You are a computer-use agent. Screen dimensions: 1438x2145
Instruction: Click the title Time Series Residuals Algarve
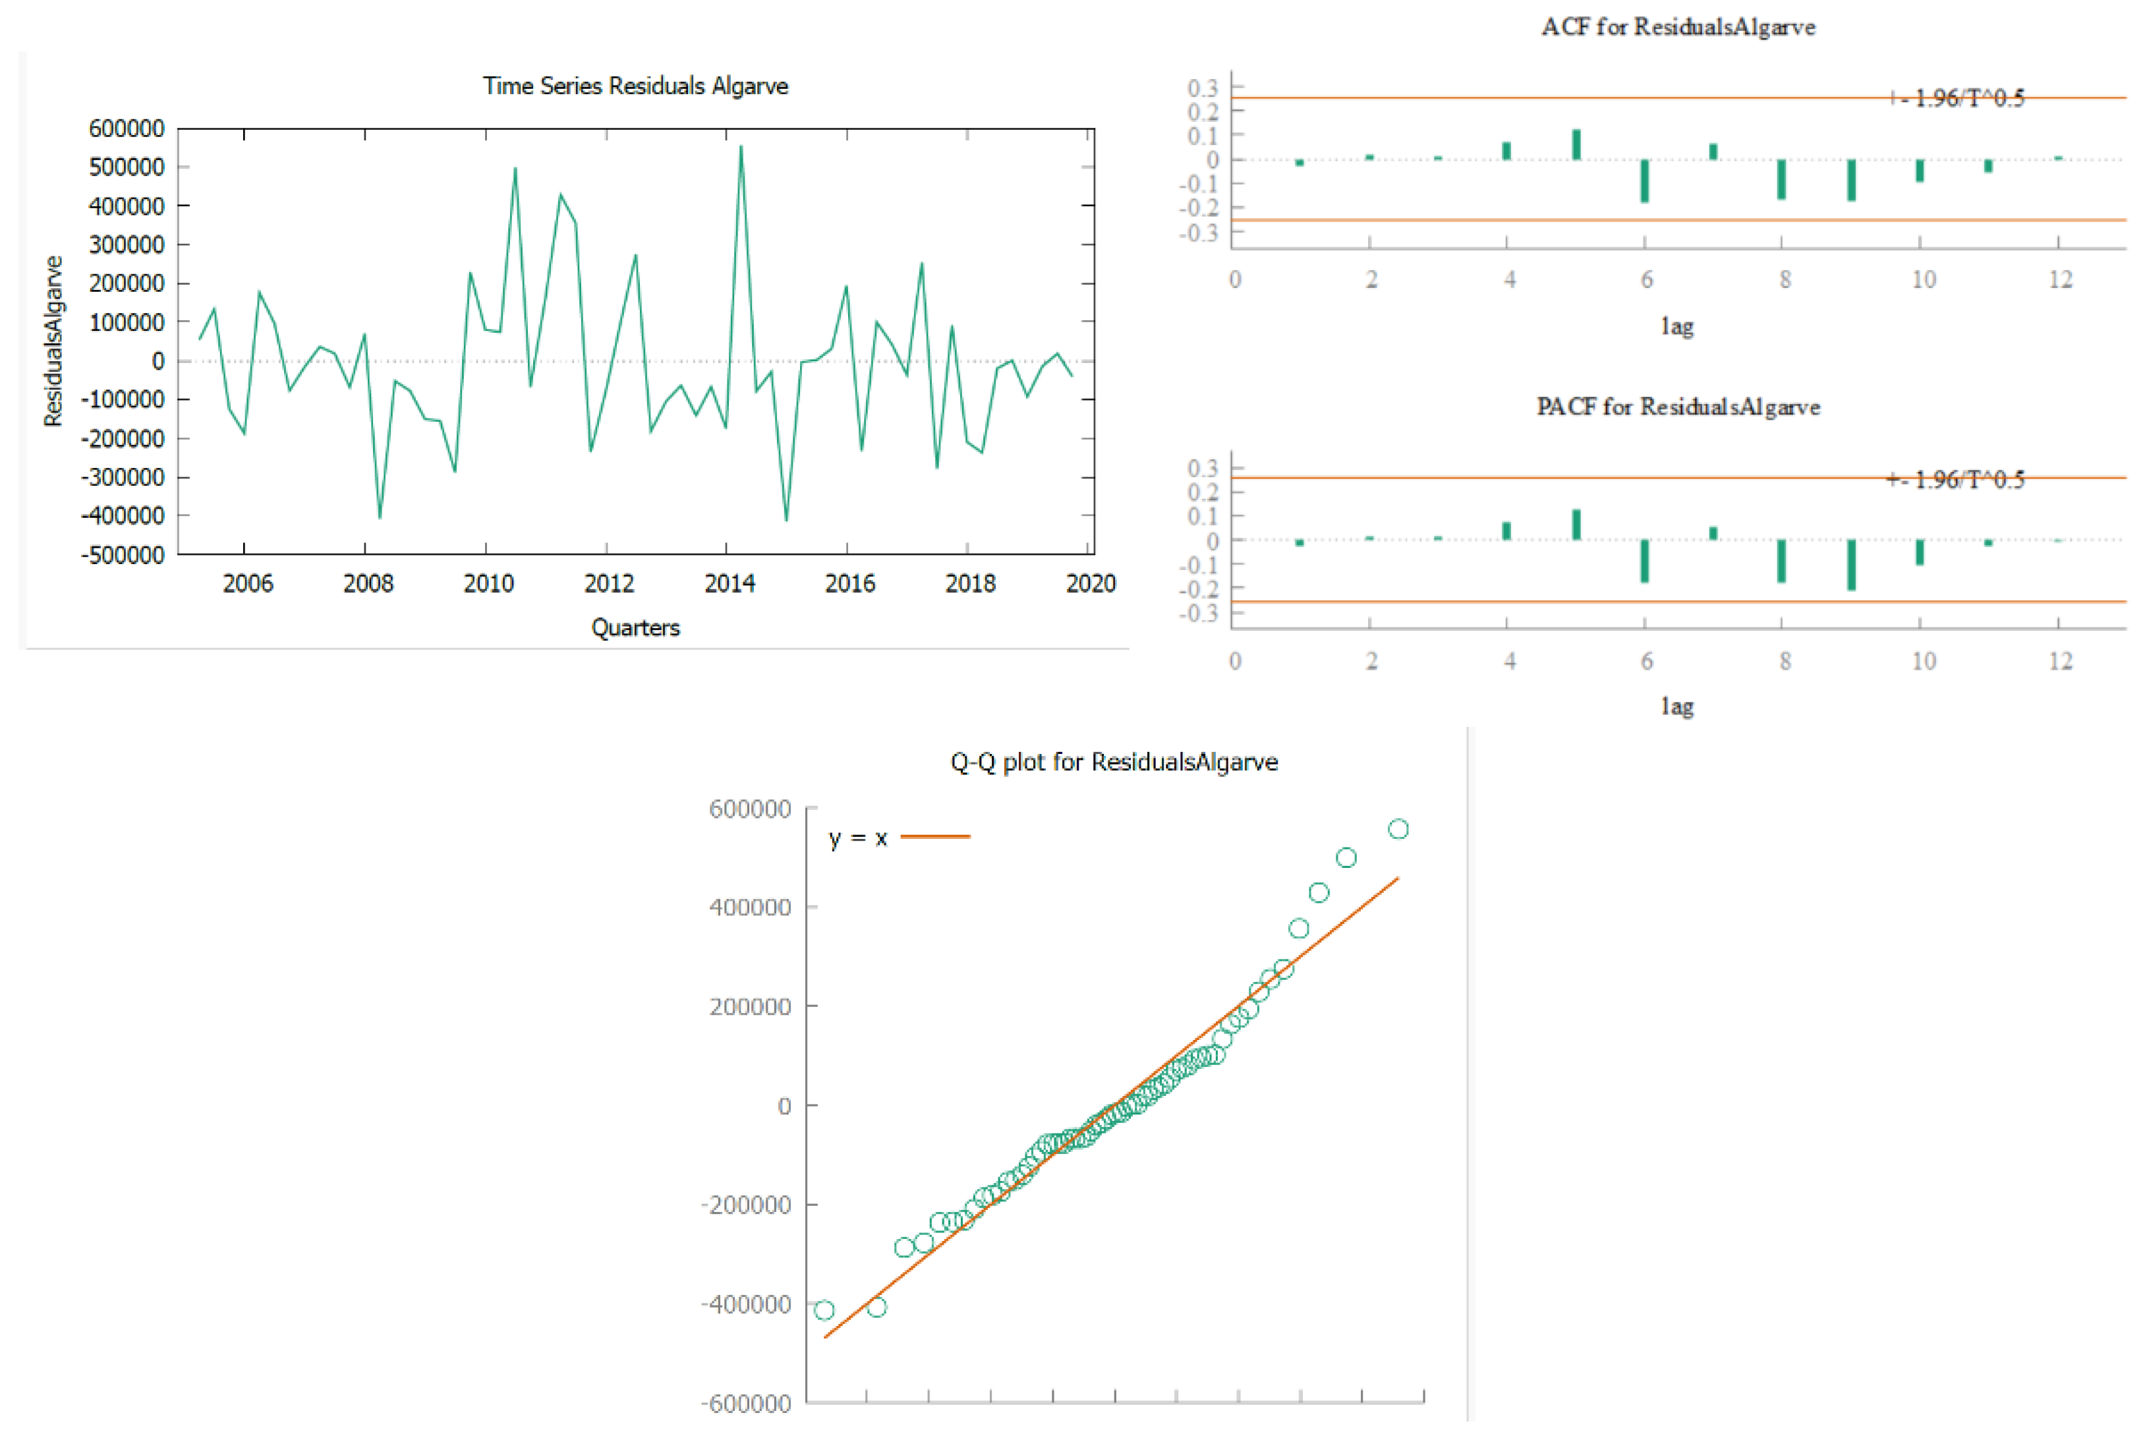point(635,86)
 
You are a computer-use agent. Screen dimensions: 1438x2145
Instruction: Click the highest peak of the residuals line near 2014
point(740,147)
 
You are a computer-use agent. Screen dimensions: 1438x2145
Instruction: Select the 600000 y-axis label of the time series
point(126,129)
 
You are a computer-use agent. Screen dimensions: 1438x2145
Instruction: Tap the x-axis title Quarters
point(635,628)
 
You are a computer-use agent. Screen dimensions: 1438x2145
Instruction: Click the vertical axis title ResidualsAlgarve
point(53,341)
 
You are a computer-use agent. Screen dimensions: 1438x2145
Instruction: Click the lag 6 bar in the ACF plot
point(1644,181)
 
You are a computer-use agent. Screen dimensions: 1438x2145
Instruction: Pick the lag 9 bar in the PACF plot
point(1850,564)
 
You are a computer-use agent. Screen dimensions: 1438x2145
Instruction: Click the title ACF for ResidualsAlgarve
point(1677,26)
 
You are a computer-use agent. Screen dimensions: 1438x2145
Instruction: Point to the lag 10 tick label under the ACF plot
point(1922,279)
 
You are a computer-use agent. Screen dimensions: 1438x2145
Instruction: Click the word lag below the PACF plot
point(1676,706)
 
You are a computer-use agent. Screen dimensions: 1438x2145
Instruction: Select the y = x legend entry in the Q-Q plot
point(898,838)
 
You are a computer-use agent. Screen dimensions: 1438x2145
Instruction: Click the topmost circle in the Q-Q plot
point(1398,829)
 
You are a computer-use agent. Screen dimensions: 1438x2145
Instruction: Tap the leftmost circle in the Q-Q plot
point(824,1309)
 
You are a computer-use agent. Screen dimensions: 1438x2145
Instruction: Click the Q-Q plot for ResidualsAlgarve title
point(1113,762)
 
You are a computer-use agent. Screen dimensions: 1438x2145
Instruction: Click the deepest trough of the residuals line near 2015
point(786,520)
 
